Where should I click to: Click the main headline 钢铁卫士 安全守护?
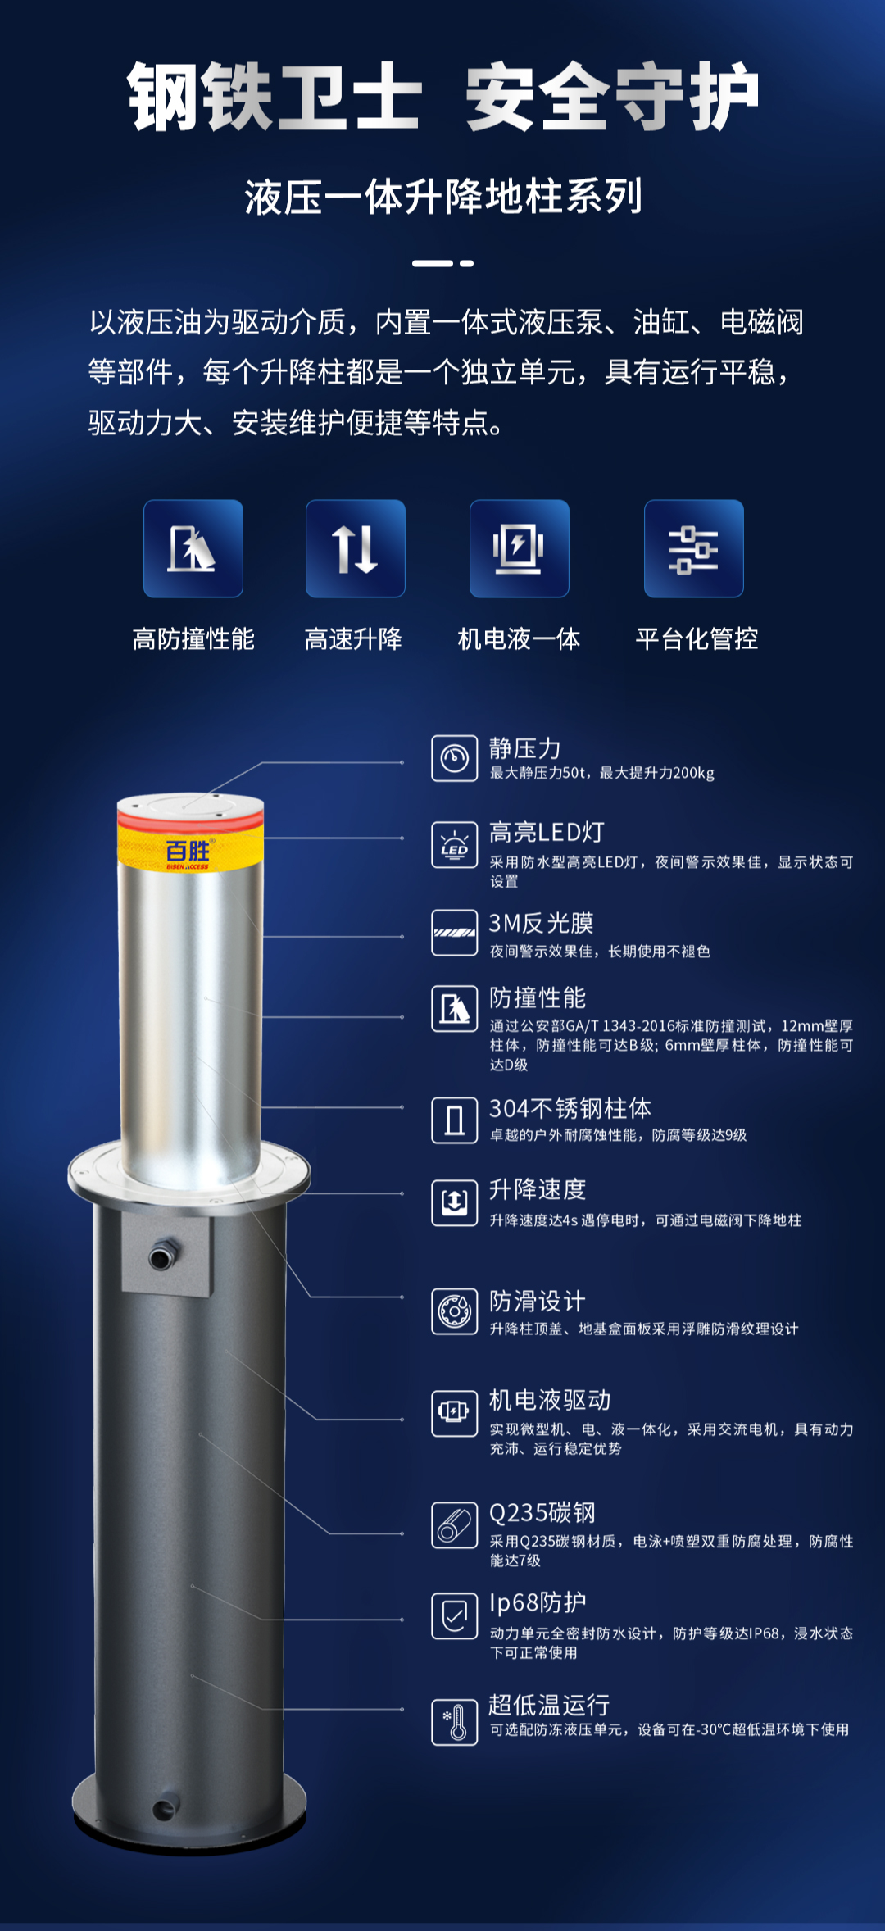click(442, 97)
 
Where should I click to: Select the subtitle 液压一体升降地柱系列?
click(443, 198)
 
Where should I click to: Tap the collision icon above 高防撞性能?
click(193, 548)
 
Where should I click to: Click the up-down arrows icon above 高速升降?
click(356, 548)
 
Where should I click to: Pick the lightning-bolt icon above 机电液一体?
click(520, 548)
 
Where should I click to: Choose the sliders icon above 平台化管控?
click(694, 548)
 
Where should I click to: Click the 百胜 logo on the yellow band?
click(188, 852)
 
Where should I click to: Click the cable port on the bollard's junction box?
click(164, 1255)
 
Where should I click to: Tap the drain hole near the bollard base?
click(165, 1809)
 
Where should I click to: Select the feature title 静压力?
click(525, 748)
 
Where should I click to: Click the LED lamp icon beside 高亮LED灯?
click(455, 844)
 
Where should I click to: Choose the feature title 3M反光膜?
click(542, 923)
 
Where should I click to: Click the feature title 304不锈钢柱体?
click(570, 1108)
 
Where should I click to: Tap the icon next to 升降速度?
click(455, 1202)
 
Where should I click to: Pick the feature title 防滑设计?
click(538, 1301)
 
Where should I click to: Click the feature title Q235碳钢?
click(542, 1512)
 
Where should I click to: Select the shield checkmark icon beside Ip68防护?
click(455, 1615)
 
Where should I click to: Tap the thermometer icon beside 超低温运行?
click(455, 1722)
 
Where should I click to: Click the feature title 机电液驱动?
click(550, 1400)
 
